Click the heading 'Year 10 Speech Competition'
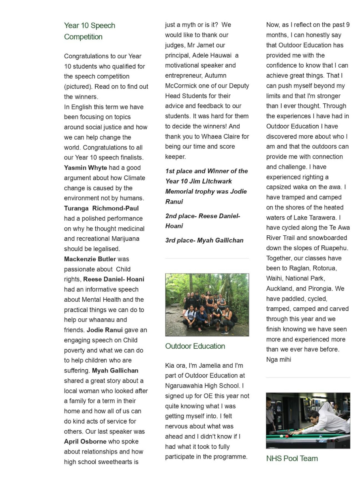pyautogui.click(x=90, y=31)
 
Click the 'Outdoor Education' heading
pyautogui.click(x=195, y=346)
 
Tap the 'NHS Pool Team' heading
pyautogui.click(x=292, y=458)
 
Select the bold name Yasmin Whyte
pyautogui.click(x=86, y=168)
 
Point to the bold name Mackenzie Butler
pyautogui.click(x=90, y=259)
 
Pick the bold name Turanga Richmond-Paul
pyautogui.click(x=101, y=208)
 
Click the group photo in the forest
pyautogui.click(x=207, y=305)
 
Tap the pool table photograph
pyautogui.click(x=308, y=420)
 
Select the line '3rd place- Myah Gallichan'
pyautogui.click(x=204, y=240)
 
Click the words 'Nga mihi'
pyautogui.click(x=279, y=360)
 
